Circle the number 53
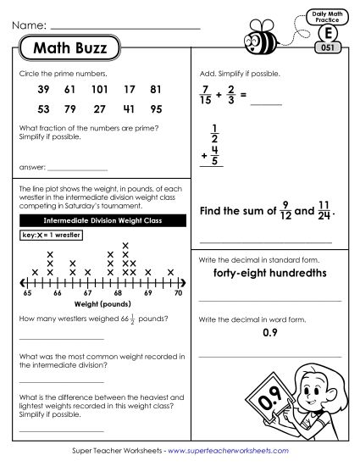click(45, 109)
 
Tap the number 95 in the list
click(155, 109)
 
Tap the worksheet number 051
click(327, 47)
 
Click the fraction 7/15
click(204, 96)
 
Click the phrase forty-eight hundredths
click(270, 274)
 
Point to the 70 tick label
click(177, 291)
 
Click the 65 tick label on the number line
click(27, 291)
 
